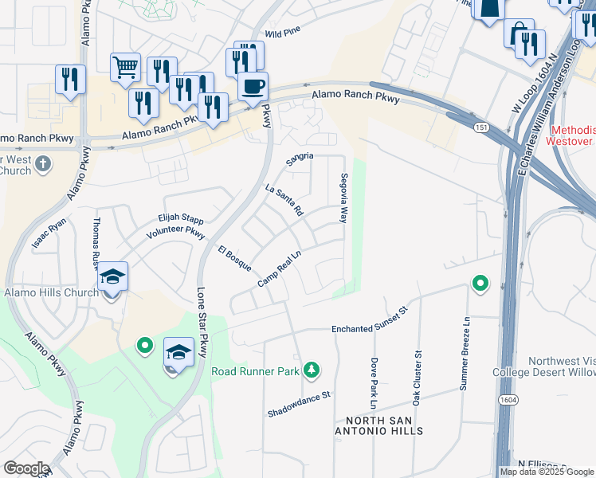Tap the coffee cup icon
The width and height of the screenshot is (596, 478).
coord(253,85)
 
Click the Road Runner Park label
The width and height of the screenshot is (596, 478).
coord(255,371)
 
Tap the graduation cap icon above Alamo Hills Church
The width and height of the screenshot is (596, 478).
coord(112,276)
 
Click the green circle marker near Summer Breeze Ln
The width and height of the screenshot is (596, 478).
coord(480,284)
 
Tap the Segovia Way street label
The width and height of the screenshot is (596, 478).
coord(343,198)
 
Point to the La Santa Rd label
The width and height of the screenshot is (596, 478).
coord(284,202)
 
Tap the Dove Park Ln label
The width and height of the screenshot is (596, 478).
coord(374,378)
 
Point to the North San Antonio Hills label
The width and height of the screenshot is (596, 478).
coord(384,425)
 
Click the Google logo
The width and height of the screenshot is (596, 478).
coord(25,468)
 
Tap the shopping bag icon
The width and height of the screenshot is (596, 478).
coord(518,34)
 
